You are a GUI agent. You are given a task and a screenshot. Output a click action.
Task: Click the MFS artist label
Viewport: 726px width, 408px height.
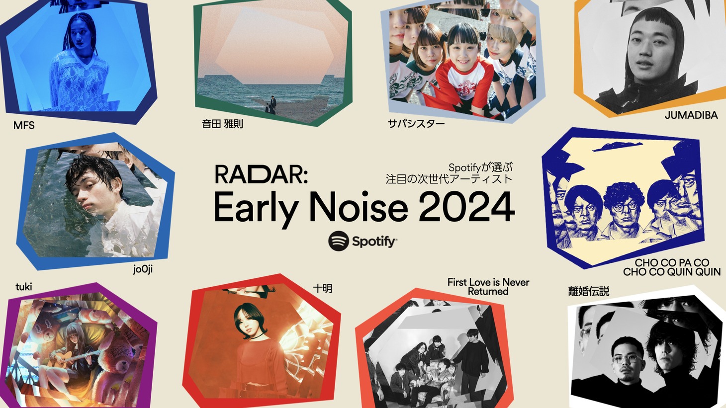(x=24, y=125)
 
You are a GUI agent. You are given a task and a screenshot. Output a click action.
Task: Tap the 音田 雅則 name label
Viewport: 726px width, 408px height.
(x=222, y=124)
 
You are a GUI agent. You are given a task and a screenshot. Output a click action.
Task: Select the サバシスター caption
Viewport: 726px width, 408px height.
(x=417, y=123)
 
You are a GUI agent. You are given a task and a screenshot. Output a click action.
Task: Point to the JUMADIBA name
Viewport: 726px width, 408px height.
(x=691, y=115)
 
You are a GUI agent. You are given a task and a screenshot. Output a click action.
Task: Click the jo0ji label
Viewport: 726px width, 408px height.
(x=143, y=269)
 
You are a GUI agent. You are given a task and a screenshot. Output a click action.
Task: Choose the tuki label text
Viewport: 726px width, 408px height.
(x=24, y=287)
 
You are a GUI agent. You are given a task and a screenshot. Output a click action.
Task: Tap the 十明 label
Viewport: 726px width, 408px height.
(x=323, y=288)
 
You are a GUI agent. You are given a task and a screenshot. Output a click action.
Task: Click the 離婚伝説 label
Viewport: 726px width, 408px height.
(x=589, y=291)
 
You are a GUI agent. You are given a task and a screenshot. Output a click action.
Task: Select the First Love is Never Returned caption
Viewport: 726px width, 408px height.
(x=488, y=287)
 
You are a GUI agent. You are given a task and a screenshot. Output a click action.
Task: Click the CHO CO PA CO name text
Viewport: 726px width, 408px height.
(x=672, y=262)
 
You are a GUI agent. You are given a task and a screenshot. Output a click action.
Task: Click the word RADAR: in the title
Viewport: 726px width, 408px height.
(x=261, y=174)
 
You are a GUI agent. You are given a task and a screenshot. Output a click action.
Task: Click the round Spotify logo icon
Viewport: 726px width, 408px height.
(x=338, y=241)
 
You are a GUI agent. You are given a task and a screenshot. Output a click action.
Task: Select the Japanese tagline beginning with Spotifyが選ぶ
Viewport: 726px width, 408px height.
(x=449, y=173)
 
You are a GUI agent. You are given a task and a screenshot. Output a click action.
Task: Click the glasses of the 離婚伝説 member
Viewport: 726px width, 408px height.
(x=627, y=359)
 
